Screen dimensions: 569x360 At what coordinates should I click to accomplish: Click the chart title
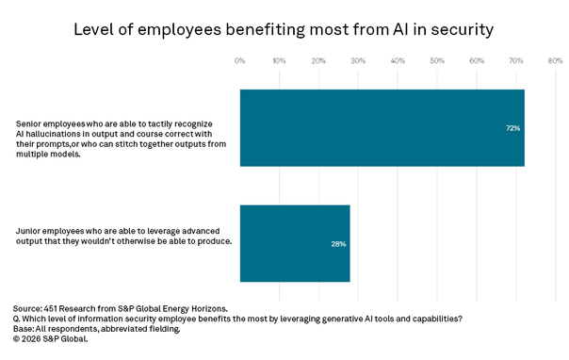click(x=284, y=30)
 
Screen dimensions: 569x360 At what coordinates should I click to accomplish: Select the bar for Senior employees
click(x=382, y=128)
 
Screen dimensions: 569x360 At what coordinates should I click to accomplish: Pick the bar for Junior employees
click(x=295, y=243)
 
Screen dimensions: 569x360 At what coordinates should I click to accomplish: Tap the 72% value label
click(x=512, y=128)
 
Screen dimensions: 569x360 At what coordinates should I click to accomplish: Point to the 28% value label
click(x=338, y=244)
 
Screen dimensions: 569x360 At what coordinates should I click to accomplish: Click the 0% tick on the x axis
click(x=240, y=60)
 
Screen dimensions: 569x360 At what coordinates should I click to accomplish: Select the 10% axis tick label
click(x=279, y=60)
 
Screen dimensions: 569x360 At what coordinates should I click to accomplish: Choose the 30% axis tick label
click(x=358, y=60)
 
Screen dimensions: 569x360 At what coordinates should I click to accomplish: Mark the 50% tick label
click(x=437, y=60)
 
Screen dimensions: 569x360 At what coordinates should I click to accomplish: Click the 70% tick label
click(x=515, y=60)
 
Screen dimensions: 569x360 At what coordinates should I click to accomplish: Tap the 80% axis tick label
click(x=555, y=60)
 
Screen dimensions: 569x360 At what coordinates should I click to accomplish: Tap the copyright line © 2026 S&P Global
click(x=51, y=339)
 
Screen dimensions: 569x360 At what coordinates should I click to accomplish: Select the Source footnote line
click(x=121, y=309)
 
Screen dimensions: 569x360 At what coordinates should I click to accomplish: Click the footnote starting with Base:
click(x=96, y=329)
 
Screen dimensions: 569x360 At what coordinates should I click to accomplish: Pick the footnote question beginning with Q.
click(x=237, y=319)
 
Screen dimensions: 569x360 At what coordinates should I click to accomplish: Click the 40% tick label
click(x=398, y=60)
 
